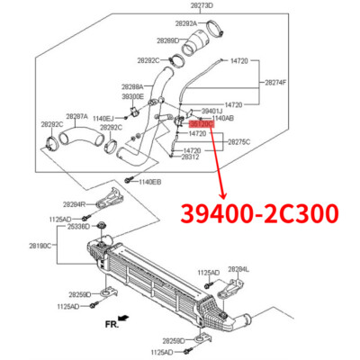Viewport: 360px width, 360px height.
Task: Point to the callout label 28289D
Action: coord(167,41)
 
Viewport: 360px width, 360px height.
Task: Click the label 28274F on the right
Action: coord(277,82)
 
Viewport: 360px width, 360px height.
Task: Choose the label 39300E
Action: coord(132,95)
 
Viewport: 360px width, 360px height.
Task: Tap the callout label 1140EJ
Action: coord(103,118)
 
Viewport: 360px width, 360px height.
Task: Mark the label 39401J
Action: coord(212,110)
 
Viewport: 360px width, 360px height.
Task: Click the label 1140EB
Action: coord(149,182)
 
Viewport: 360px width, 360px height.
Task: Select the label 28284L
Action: coord(238,268)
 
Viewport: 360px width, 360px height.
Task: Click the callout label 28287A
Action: coord(76,116)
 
